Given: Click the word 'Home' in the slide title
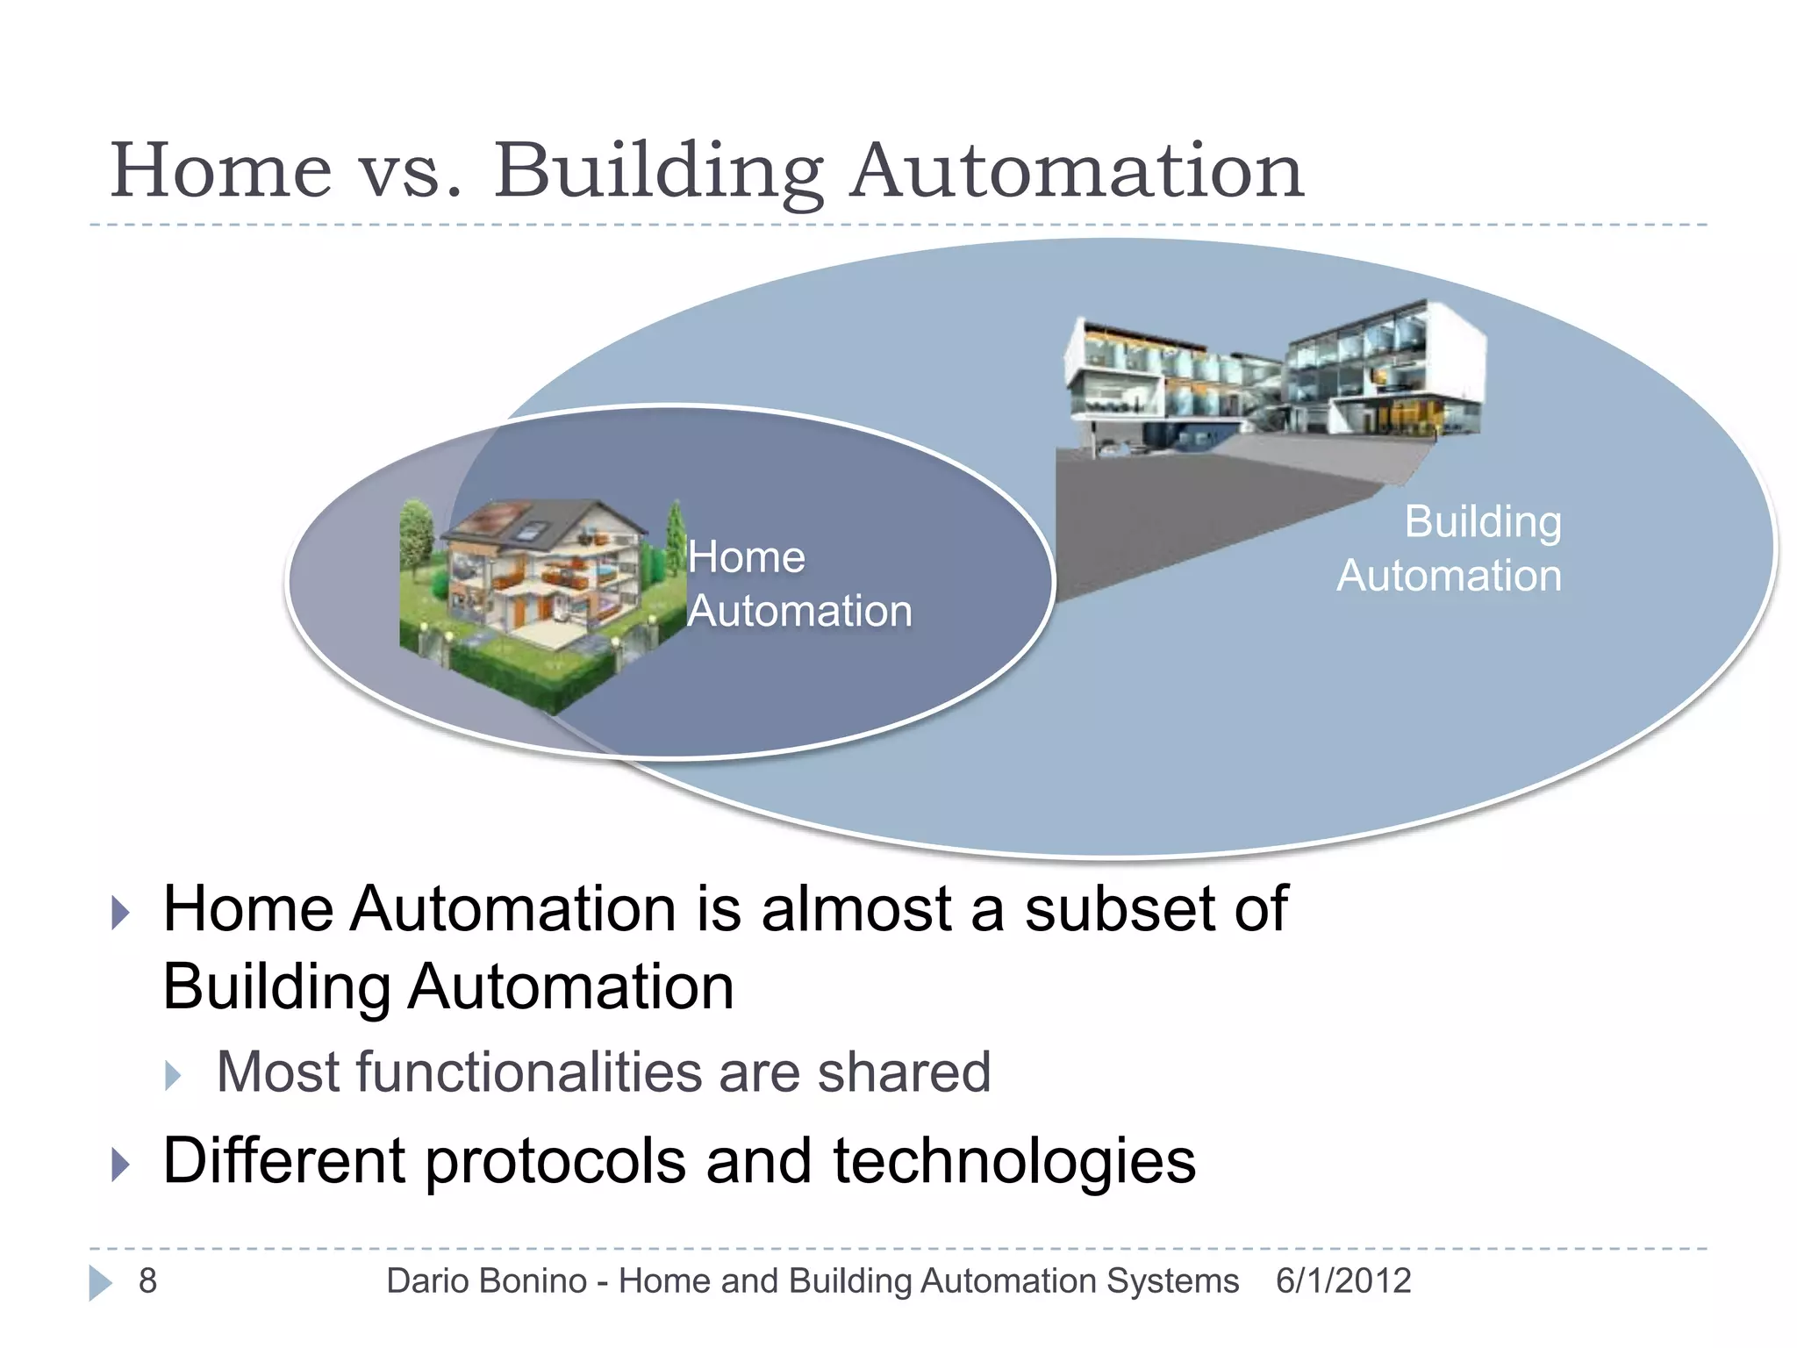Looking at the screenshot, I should tap(221, 170).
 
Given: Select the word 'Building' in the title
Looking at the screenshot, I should tap(658, 172).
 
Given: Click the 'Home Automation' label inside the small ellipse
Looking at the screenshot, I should tap(798, 584).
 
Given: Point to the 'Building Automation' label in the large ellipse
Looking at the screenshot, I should tap(1450, 549).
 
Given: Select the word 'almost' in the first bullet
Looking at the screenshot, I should tap(856, 909).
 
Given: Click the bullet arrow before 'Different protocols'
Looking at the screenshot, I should tap(121, 1165).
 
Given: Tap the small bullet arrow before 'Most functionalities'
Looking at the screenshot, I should tap(173, 1075).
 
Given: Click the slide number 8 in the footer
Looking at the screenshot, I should tap(147, 1281).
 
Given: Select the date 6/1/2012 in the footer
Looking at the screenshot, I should tap(1342, 1281).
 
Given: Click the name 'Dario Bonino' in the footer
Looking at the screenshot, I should tap(486, 1281).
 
